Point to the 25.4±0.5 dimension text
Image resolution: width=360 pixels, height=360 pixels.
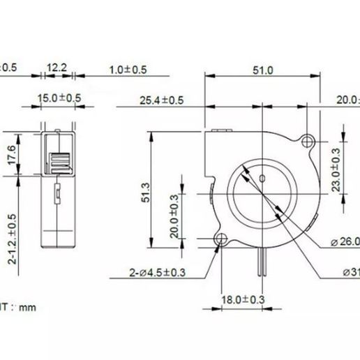(x=162, y=100)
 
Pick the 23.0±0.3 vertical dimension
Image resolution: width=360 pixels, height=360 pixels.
(x=336, y=170)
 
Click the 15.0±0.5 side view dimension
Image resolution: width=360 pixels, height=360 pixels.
(x=59, y=98)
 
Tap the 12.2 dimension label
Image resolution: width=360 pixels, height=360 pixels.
(x=57, y=67)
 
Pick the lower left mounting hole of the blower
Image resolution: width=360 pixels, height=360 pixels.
(x=221, y=241)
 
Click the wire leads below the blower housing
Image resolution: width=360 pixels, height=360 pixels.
(x=263, y=264)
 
